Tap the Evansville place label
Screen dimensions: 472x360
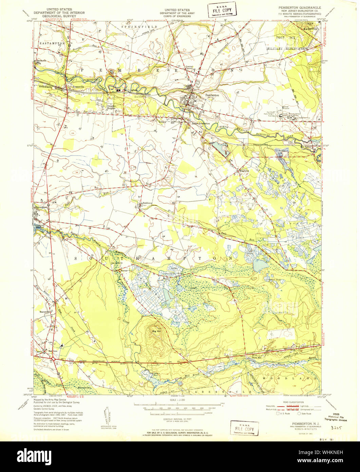pyautogui.click(x=74, y=87)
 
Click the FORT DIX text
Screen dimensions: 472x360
pyautogui.click(x=285, y=37)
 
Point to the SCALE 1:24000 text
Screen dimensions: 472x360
pyautogui.click(x=177, y=400)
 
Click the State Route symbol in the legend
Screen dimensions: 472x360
pyautogui.click(x=299, y=413)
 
